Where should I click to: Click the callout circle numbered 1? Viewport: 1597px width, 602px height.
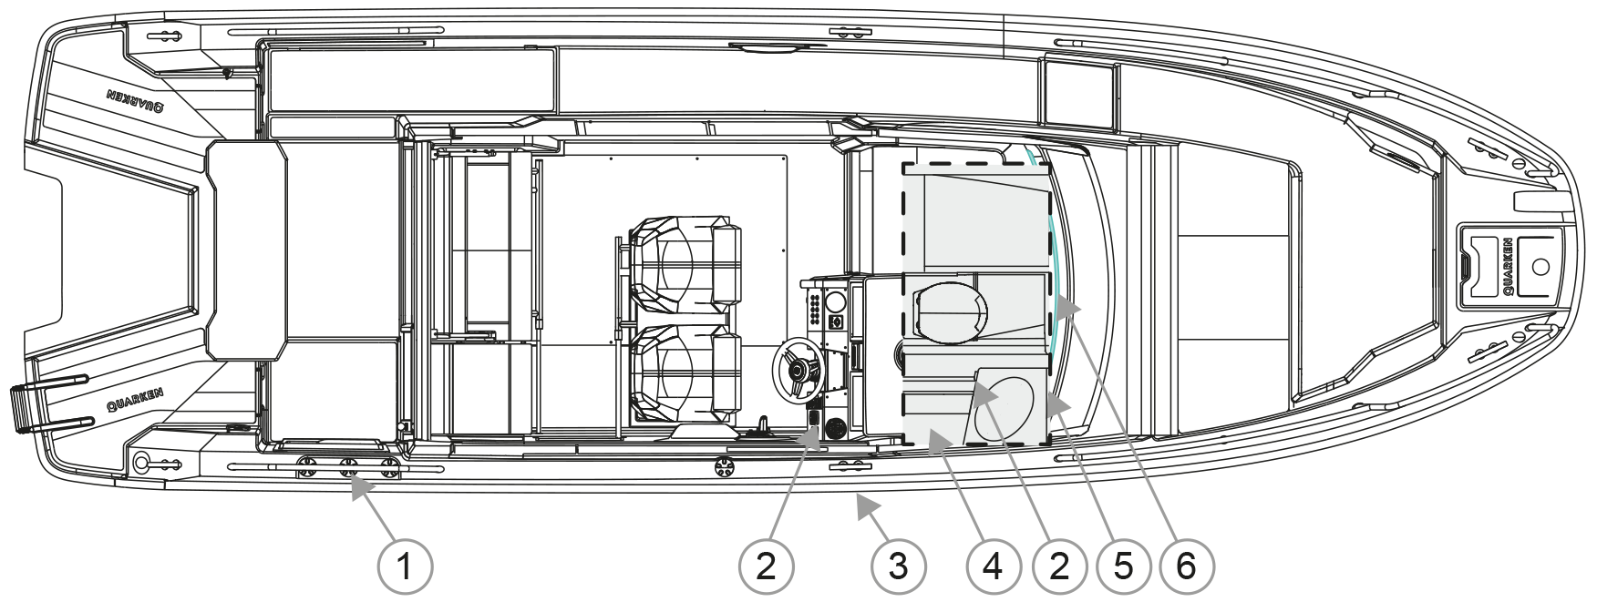404,567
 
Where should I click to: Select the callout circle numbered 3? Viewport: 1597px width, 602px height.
899,567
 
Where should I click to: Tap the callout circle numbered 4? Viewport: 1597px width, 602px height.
993,567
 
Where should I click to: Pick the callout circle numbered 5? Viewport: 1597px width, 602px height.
1123,567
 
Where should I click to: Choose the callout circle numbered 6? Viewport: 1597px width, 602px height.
1186,567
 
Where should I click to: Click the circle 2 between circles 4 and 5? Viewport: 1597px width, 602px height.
1059,567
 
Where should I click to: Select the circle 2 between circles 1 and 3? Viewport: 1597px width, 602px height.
767,567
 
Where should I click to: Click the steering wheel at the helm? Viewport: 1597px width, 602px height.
798,370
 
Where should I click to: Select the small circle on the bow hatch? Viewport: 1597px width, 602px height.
1540,266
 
